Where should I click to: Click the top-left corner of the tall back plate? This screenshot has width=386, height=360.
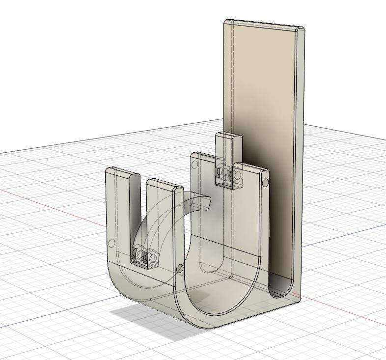[x=226, y=22]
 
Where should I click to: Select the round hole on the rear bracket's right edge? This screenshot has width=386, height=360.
[x=266, y=183]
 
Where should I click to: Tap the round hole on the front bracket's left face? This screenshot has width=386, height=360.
[x=111, y=243]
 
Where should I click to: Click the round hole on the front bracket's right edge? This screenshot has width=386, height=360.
[x=180, y=268]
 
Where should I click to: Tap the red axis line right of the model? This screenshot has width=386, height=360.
[x=354, y=314]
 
